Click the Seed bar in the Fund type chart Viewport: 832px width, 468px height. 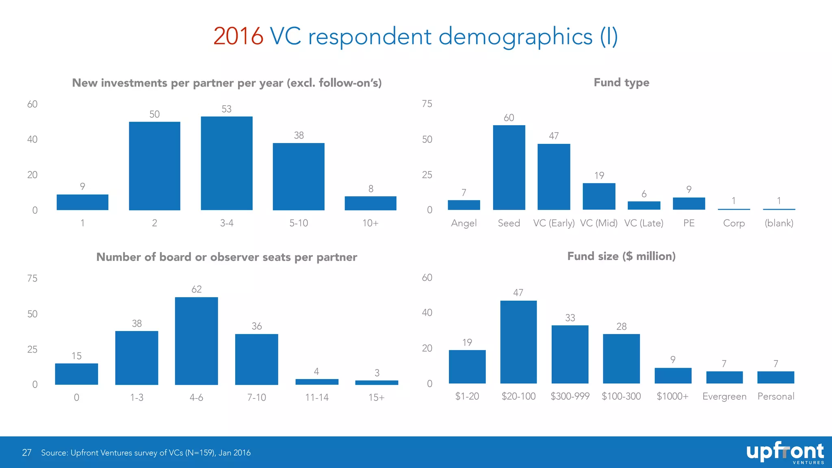[x=509, y=167]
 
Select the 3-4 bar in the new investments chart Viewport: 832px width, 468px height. [x=227, y=163]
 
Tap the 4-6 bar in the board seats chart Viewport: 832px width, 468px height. [x=196, y=341]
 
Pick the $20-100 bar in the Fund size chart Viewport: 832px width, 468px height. [x=518, y=342]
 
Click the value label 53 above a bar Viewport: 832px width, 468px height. [x=227, y=109]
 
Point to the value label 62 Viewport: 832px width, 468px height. [x=196, y=289]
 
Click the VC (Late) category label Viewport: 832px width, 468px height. [x=643, y=223]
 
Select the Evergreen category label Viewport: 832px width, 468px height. [x=724, y=396]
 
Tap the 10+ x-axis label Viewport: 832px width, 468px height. [x=370, y=223]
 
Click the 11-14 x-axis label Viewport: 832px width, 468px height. [x=317, y=397]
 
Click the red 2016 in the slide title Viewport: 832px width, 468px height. [x=238, y=37]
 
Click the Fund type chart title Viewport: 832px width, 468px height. [x=621, y=82]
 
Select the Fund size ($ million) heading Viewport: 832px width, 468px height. [x=621, y=256]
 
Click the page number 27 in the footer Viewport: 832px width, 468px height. [x=27, y=453]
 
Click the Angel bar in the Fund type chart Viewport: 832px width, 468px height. [x=464, y=205]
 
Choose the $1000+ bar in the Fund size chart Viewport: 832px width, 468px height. [x=673, y=376]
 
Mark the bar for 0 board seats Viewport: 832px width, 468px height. [x=76, y=374]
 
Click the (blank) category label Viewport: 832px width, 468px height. [x=779, y=223]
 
